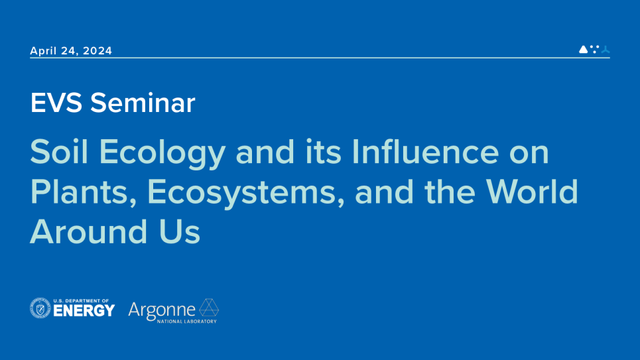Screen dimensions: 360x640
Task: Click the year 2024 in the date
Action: (x=97, y=51)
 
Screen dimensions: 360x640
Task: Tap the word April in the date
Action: (x=44, y=51)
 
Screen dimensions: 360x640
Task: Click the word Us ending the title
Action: (x=181, y=232)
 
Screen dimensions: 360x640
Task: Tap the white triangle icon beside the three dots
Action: (x=583, y=49)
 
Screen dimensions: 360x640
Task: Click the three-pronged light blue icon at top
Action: (x=605, y=49)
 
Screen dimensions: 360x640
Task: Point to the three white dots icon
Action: (x=594, y=48)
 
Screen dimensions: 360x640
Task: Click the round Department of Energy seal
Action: (x=40, y=308)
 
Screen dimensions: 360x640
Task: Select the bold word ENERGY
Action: (x=84, y=310)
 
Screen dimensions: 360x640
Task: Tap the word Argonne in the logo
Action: (x=162, y=309)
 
